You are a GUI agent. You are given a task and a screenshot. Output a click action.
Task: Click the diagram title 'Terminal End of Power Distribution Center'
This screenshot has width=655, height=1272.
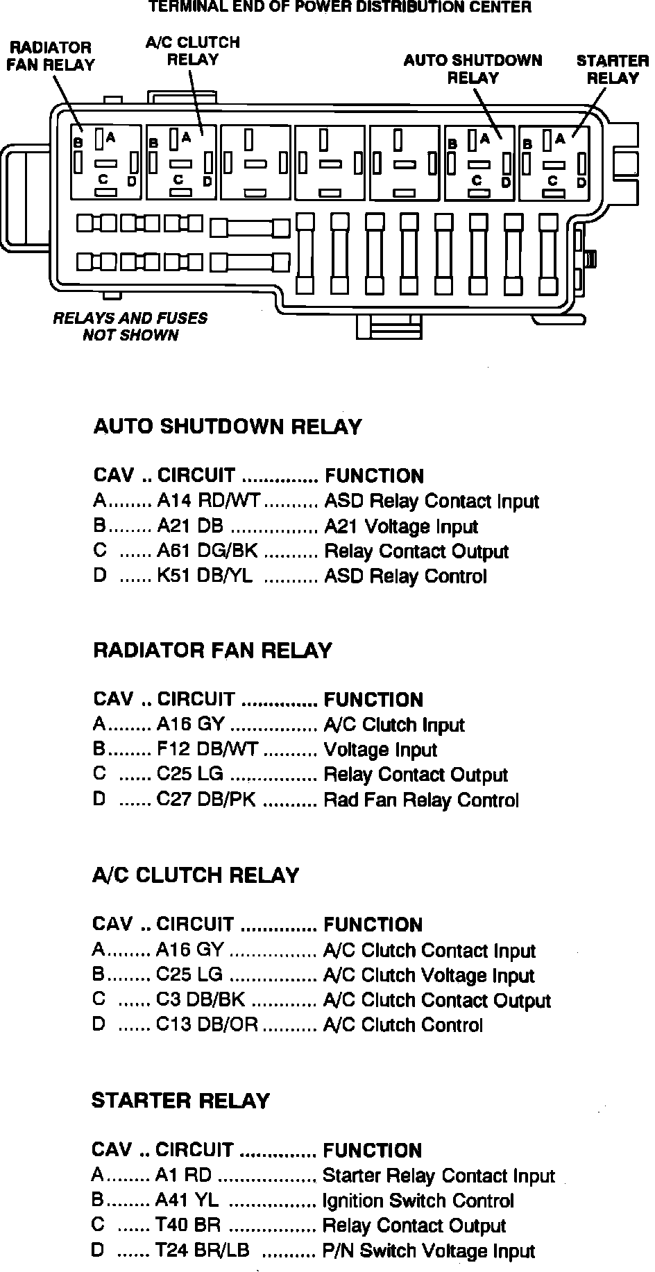click(340, 8)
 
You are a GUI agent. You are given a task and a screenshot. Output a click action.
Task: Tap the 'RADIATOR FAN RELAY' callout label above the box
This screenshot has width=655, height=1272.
click(50, 56)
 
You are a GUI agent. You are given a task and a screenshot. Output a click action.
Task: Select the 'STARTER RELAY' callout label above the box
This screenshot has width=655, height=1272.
click(612, 69)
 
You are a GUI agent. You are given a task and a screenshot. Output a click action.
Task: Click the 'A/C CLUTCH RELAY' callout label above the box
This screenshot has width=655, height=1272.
click(193, 51)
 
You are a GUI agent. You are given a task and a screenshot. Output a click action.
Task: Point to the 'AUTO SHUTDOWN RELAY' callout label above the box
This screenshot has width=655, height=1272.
click(473, 69)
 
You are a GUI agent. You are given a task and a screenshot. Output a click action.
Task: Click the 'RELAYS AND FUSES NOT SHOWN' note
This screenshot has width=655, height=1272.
click(130, 327)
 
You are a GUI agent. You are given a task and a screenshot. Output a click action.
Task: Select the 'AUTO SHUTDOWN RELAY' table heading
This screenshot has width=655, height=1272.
click(228, 426)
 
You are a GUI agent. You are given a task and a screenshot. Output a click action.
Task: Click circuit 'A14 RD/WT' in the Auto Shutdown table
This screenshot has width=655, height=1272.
click(208, 501)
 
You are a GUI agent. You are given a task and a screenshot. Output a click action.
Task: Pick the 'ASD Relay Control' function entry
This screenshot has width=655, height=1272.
click(405, 576)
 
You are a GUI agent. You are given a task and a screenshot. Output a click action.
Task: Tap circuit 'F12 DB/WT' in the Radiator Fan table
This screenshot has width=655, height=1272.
click(207, 750)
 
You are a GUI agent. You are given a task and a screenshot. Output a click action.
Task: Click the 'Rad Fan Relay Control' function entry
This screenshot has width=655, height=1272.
click(421, 800)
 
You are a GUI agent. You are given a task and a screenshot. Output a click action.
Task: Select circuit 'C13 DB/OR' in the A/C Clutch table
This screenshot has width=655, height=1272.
click(207, 1025)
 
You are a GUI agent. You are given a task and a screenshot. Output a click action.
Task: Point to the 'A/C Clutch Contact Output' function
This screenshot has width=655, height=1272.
click(437, 1000)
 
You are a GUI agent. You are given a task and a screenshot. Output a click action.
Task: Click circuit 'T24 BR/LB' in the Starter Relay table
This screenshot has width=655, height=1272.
click(203, 1250)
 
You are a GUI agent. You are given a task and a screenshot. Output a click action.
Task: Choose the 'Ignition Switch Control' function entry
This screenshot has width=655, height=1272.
click(418, 1201)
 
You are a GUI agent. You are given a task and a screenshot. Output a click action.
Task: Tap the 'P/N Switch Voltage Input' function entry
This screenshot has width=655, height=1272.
click(429, 1250)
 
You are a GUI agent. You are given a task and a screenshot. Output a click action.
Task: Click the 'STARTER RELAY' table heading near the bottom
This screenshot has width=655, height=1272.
click(180, 1101)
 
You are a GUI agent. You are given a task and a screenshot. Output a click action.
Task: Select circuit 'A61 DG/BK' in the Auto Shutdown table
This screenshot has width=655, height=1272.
click(207, 551)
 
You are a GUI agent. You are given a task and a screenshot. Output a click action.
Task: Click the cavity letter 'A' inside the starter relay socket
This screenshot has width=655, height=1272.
click(560, 138)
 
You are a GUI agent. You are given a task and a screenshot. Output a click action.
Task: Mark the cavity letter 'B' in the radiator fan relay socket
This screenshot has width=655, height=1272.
click(79, 142)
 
